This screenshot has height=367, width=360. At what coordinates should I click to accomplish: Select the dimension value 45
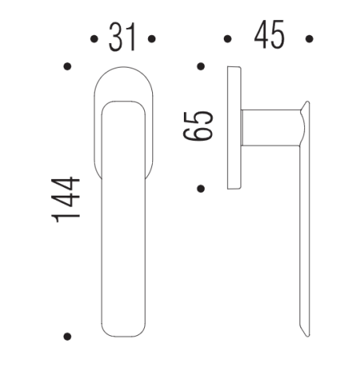268,37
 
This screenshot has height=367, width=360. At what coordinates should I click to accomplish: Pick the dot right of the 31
151,38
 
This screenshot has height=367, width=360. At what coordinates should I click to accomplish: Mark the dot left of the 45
228,37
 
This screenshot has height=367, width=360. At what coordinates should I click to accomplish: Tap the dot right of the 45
309,37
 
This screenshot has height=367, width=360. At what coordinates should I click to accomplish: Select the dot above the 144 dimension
68,65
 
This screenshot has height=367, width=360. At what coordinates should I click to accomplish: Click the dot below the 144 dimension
68,335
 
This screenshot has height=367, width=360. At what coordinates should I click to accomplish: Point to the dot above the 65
201,65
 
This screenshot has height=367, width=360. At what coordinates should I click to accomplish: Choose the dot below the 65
201,188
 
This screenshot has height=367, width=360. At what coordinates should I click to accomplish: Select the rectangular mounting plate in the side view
234,126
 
